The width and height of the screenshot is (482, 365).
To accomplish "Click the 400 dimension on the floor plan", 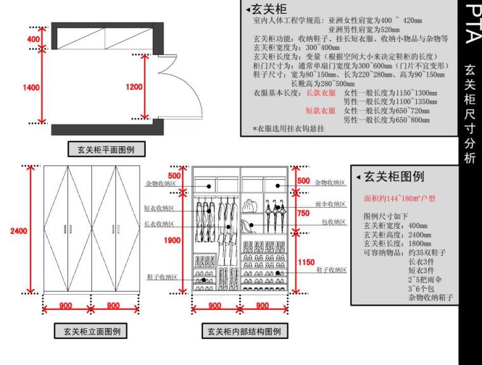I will (x=33, y=40).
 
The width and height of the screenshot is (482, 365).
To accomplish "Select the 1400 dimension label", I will (x=32, y=87).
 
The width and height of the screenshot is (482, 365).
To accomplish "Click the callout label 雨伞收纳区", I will (x=330, y=204).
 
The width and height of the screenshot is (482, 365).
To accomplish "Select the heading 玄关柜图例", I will (x=394, y=176).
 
